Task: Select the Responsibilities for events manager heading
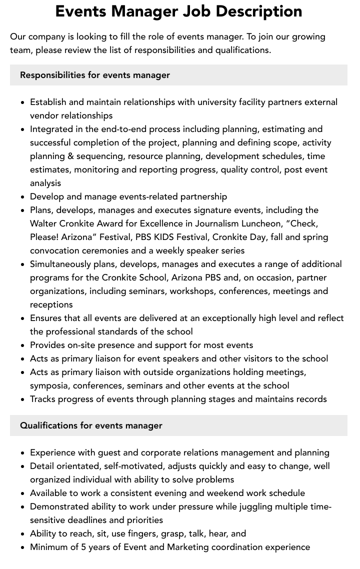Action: click(x=95, y=75)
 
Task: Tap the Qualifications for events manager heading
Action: click(x=91, y=425)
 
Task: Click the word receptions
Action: click(x=51, y=304)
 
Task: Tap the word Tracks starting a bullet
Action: click(x=44, y=399)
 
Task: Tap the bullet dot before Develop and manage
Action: click(x=22, y=197)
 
